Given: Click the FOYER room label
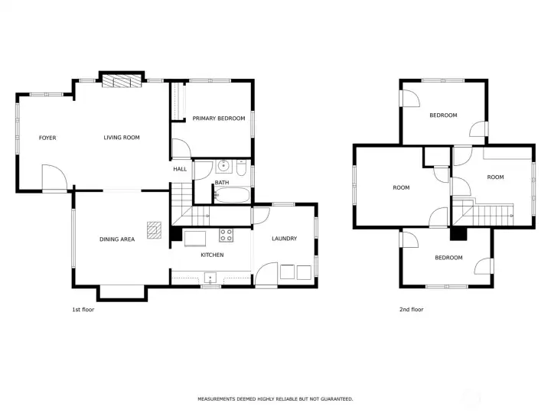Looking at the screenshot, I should coord(47,138).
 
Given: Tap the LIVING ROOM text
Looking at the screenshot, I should coord(122,138).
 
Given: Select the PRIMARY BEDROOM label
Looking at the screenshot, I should coord(218,119).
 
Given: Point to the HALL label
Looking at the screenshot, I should coord(180,169).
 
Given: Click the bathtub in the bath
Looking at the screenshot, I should coord(233,195).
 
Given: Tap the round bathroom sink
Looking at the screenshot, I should coord(224,165).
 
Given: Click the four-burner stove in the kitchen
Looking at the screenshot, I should coord(227,235).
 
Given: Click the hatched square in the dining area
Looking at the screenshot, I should coord(155,231).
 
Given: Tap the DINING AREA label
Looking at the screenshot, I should coord(116,239).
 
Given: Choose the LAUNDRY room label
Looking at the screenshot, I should coord(284,239).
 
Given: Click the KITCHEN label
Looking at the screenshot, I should coord(211,254).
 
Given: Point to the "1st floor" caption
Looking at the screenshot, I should coord(83,310).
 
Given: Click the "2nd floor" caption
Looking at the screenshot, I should coord(411,310).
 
